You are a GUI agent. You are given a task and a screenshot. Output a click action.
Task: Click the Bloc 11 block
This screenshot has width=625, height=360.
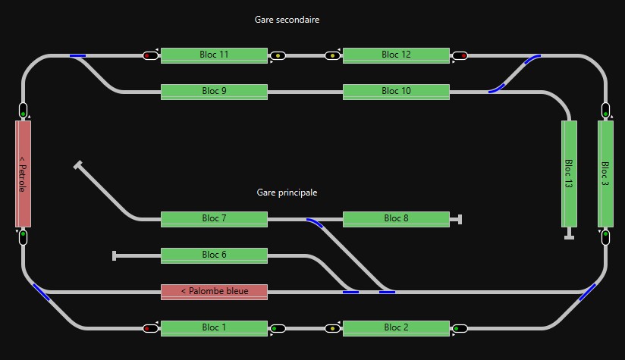[214, 55]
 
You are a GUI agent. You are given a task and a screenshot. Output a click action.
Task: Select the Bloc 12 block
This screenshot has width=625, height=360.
[396, 55]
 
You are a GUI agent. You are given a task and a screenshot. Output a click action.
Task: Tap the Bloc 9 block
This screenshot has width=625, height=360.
[214, 92]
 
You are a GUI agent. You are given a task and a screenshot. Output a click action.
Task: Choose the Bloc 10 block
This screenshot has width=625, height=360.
[396, 92]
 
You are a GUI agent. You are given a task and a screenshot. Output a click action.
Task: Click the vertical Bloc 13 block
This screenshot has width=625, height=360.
[569, 174]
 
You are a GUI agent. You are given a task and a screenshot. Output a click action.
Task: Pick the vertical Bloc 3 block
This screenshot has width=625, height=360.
[605, 174]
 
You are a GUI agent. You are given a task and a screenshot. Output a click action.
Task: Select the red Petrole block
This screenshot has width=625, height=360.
[23, 174]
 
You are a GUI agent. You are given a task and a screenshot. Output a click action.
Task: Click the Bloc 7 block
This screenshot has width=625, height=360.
[214, 219]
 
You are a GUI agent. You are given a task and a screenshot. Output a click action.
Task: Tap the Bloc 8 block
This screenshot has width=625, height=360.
[396, 219]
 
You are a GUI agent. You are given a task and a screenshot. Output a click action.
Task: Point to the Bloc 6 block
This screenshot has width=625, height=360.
[214, 255]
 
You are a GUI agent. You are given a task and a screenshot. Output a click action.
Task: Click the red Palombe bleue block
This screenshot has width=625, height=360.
[214, 292]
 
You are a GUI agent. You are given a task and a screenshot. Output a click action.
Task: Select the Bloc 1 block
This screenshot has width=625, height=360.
[214, 328]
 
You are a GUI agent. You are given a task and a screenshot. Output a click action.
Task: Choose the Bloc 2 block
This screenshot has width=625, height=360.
[396, 328]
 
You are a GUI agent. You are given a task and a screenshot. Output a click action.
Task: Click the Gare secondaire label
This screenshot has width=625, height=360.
[287, 20]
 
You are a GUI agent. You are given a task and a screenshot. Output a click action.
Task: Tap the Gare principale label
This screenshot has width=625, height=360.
[287, 193]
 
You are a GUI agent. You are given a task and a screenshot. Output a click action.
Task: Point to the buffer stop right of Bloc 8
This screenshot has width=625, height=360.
[460, 219]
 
